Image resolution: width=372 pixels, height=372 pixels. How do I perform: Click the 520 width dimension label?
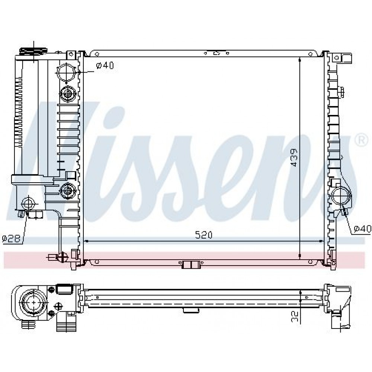[203, 235]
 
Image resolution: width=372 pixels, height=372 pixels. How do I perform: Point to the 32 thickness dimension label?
[294, 317]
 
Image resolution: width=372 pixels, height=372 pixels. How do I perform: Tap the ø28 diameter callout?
[12, 238]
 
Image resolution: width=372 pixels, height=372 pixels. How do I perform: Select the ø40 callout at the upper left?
[105, 65]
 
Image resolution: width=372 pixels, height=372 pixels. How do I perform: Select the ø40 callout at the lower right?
[362, 228]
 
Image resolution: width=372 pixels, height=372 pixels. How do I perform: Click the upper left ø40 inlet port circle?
[65, 73]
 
